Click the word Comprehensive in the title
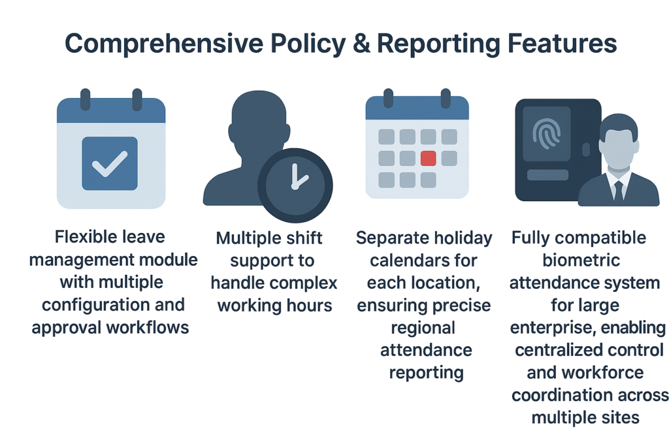coord(164,44)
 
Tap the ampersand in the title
coord(361,43)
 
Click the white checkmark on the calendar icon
coord(110,164)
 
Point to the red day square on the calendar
coord(428,158)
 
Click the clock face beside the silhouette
coord(295,185)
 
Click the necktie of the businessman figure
coord(618,191)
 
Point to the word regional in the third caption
coord(423,328)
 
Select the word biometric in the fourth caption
coord(581,260)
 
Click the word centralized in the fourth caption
coord(555,350)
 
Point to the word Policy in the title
coord(308,44)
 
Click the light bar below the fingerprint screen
coord(548,175)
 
